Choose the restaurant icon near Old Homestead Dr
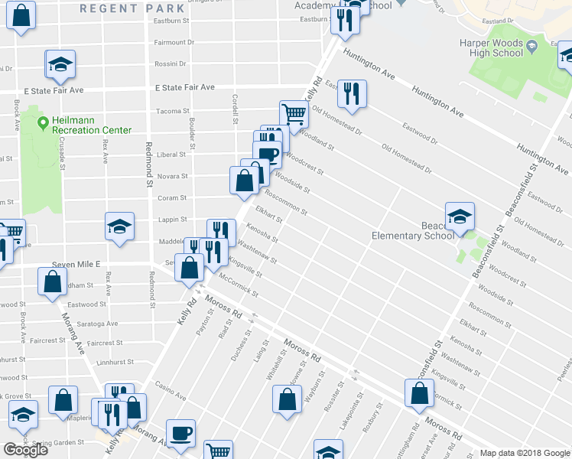352,93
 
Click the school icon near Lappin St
119,226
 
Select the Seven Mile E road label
76,264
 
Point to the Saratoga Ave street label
101,324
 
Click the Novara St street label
172,176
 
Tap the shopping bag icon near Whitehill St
287,399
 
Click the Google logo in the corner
25,450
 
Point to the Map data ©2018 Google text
525,453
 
